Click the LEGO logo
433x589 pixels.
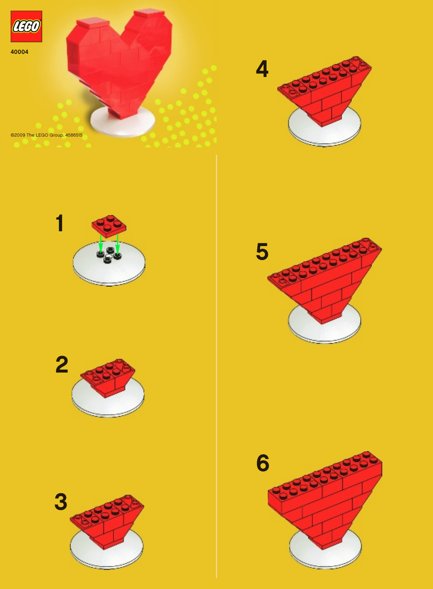pyautogui.click(x=26, y=26)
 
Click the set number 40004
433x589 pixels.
pyautogui.click(x=20, y=52)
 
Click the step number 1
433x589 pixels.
pyautogui.click(x=60, y=223)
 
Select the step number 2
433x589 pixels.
pyautogui.click(x=62, y=365)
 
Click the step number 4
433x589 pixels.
pyautogui.click(x=262, y=69)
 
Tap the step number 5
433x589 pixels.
pyautogui.click(x=262, y=251)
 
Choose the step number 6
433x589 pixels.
pyautogui.click(x=263, y=463)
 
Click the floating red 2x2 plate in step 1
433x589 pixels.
pyautogui.click(x=109, y=224)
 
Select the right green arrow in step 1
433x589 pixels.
pyautogui.click(x=117, y=243)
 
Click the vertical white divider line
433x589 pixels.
pyautogui.click(x=216, y=361)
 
